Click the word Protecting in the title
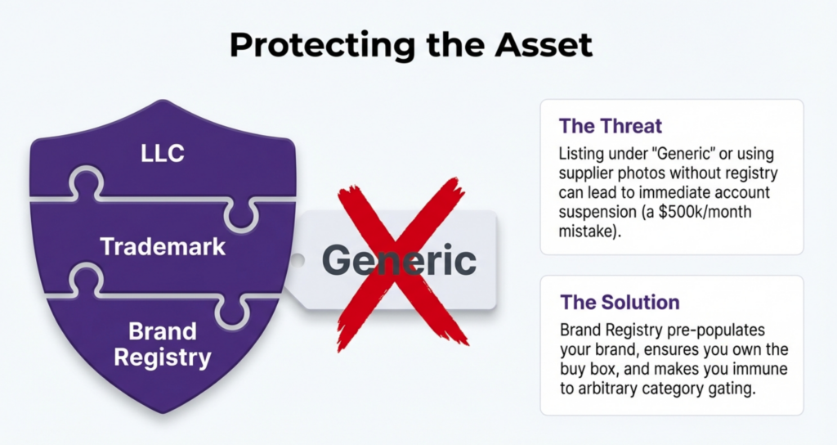coord(322,46)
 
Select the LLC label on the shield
coord(163,154)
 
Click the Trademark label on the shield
coord(163,247)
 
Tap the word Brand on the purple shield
coord(163,331)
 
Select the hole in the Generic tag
coord(297,261)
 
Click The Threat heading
coord(610,126)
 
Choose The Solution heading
coord(620,303)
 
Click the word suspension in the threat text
coord(598,212)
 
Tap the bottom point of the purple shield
coord(163,412)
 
